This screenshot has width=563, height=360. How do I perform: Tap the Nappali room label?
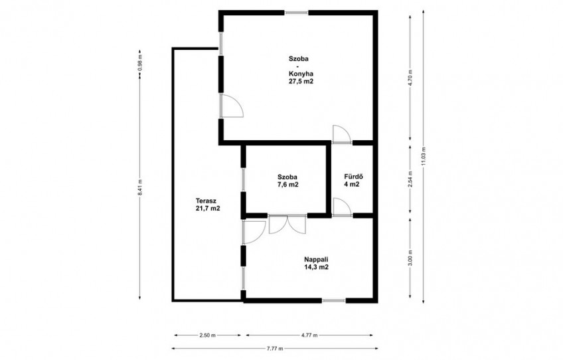[x=316, y=260]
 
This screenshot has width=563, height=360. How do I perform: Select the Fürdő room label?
[x=354, y=177]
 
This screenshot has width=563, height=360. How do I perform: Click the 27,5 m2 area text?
[x=301, y=82]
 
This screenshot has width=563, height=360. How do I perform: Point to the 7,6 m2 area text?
[x=287, y=185]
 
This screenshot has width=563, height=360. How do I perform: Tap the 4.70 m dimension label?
[x=411, y=76]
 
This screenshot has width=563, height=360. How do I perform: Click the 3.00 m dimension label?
[x=411, y=258]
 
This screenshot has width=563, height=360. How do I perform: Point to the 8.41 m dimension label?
[x=140, y=187]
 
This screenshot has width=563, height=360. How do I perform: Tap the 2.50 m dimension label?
[x=208, y=335]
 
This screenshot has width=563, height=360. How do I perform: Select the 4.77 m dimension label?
[x=309, y=335]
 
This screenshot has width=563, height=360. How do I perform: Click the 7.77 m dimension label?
[x=275, y=349]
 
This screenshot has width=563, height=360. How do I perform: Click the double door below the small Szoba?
[x=287, y=225]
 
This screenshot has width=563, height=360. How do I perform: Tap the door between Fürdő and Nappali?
[x=342, y=207]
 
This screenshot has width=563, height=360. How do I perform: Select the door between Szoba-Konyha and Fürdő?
[x=342, y=134]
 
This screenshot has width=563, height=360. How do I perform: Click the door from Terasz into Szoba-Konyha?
[x=232, y=106]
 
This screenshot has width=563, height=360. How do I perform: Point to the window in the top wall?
[x=297, y=13]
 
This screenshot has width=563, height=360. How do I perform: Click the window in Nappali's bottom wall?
[x=334, y=300]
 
